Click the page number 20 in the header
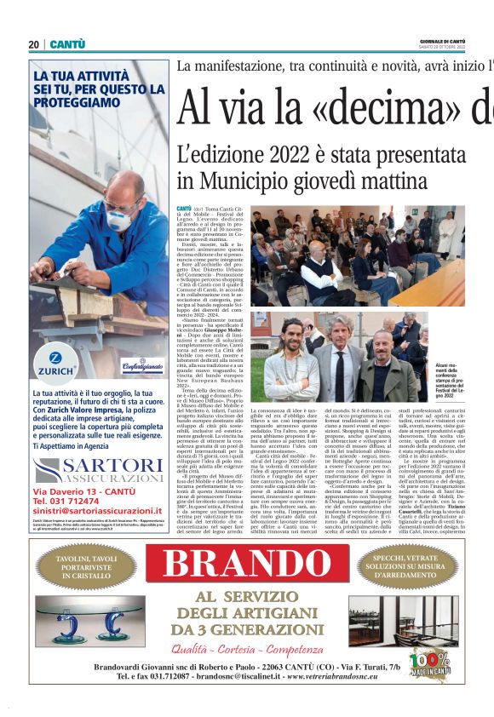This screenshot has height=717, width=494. pyautogui.click(x=34, y=44)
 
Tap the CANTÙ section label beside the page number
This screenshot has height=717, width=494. pyautogui.click(x=66, y=44)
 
